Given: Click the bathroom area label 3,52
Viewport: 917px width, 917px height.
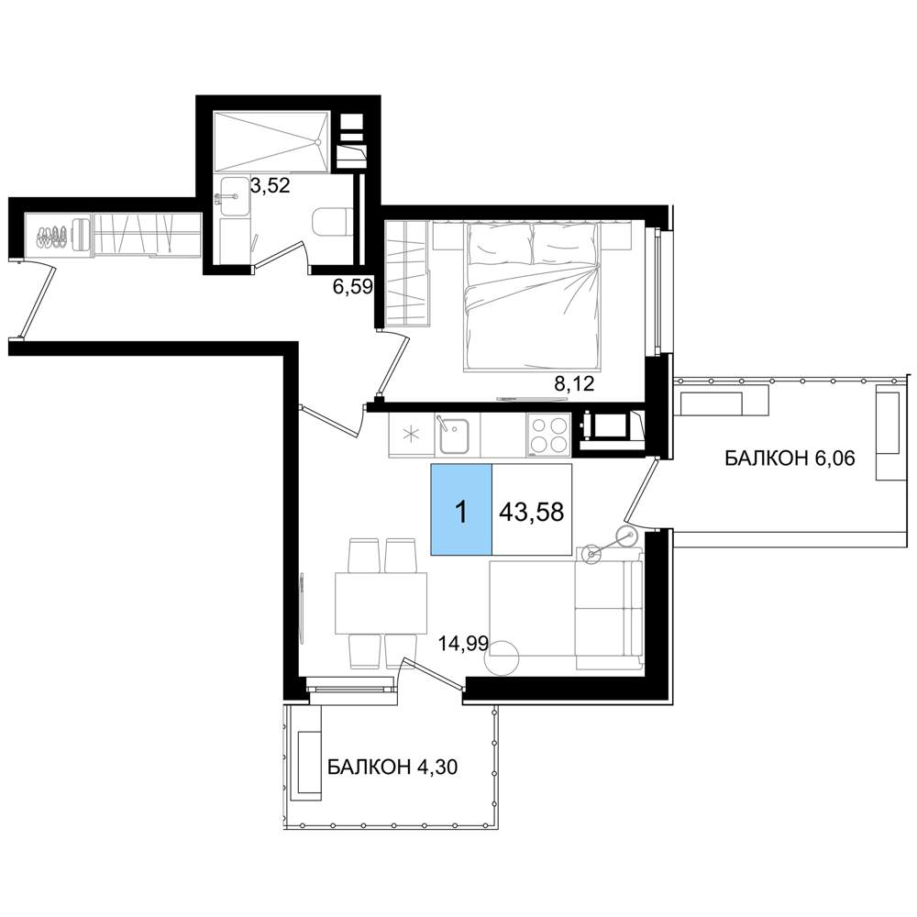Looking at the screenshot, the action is pyautogui.click(x=271, y=186).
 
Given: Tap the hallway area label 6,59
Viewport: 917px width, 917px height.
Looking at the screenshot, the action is pyautogui.click(x=353, y=287).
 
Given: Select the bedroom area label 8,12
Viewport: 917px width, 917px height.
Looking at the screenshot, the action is pyautogui.click(x=574, y=383).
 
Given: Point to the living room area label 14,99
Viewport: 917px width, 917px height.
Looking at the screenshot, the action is pyautogui.click(x=464, y=644).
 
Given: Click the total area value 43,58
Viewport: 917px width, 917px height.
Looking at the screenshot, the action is pyautogui.click(x=532, y=512).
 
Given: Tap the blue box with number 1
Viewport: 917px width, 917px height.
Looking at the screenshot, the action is pyautogui.click(x=461, y=509).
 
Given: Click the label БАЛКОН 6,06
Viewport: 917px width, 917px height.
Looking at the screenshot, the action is pyautogui.click(x=790, y=458).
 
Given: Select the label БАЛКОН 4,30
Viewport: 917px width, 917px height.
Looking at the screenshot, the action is pyautogui.click(x=392, y=766).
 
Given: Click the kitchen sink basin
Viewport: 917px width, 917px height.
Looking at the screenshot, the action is pyautogui.click(x=454, y=436).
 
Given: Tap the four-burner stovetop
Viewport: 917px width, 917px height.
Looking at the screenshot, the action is pyautogui.click(x=548, y=435).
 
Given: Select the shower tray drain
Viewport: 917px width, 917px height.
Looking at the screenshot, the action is pyautogui.click(x=317, y=141).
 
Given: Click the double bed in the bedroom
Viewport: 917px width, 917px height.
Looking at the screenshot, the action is pyautogui.click(x=532, y=297).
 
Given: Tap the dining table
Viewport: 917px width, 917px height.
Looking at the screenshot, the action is pyautogui.click(x=381, y=603).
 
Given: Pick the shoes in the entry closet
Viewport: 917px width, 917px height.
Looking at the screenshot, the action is pyautogui.click(x=51, y=235).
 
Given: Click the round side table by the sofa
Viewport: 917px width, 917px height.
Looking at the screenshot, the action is pyautogui.click(x=502, y=658).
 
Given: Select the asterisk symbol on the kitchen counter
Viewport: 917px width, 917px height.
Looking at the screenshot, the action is pyautogui.click(x=412, y=435).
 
